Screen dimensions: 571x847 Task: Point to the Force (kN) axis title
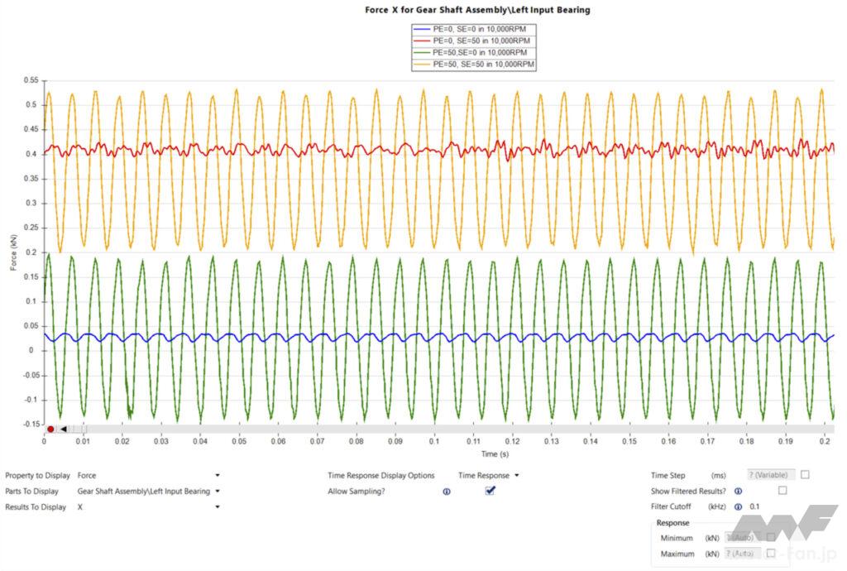[11, 253]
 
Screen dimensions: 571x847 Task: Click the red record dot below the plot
[50, 429]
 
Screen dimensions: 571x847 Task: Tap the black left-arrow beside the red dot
[64, 429]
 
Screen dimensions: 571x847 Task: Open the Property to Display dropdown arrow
[218, 476]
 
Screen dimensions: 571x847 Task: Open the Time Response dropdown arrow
[517, 476]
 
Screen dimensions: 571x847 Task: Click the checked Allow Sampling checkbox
[490, 491]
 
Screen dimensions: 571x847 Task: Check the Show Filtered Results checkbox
[782, 491]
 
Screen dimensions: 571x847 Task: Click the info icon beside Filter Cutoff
[737, 506]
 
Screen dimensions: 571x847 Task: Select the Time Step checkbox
[805, 475]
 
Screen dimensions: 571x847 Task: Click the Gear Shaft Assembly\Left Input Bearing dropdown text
[143, 492]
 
